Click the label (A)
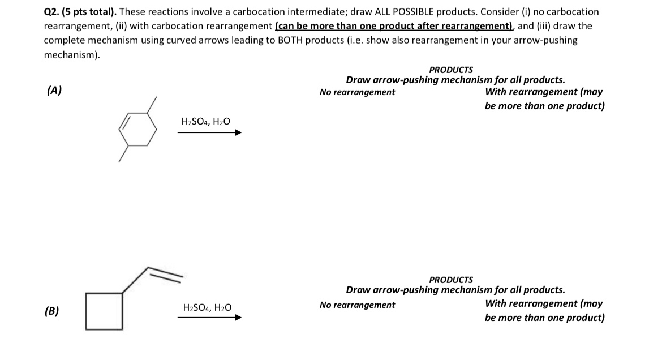click(x=54, y=90)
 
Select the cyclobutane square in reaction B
click(x=104, y=310)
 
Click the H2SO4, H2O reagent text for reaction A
click(x=206, y=121)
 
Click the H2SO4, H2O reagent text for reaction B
click(x=208, y=307)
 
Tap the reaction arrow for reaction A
click(x=209, y=133)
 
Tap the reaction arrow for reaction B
click(x=209, y=318)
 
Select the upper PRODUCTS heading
click(x=451, y=70)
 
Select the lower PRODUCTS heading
click(x=451, y=280)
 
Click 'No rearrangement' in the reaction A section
click(x=357, y=92)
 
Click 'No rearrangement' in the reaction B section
click(x=357, y=305)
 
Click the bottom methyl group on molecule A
click(x=123, y=155)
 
